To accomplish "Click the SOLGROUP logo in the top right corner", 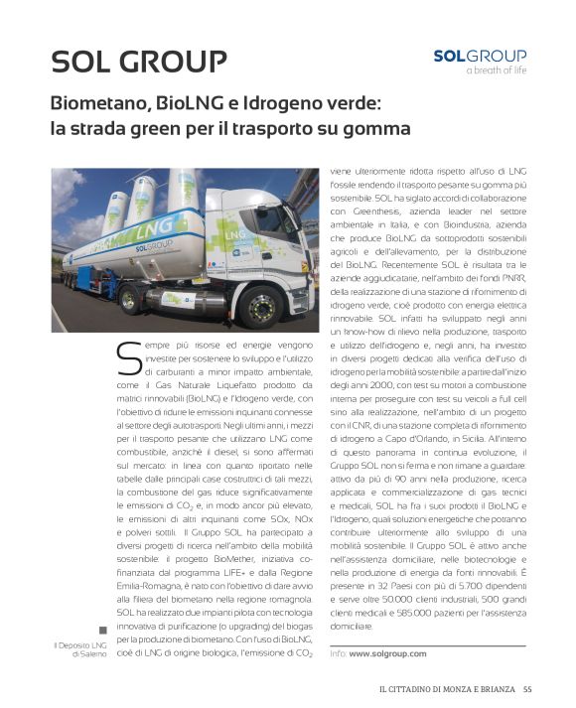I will coord(480,56).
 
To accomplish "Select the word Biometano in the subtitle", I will coord(102,102).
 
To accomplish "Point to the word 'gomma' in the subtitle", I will coord(376,128).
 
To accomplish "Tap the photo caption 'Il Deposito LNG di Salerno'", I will coord(82,650).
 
